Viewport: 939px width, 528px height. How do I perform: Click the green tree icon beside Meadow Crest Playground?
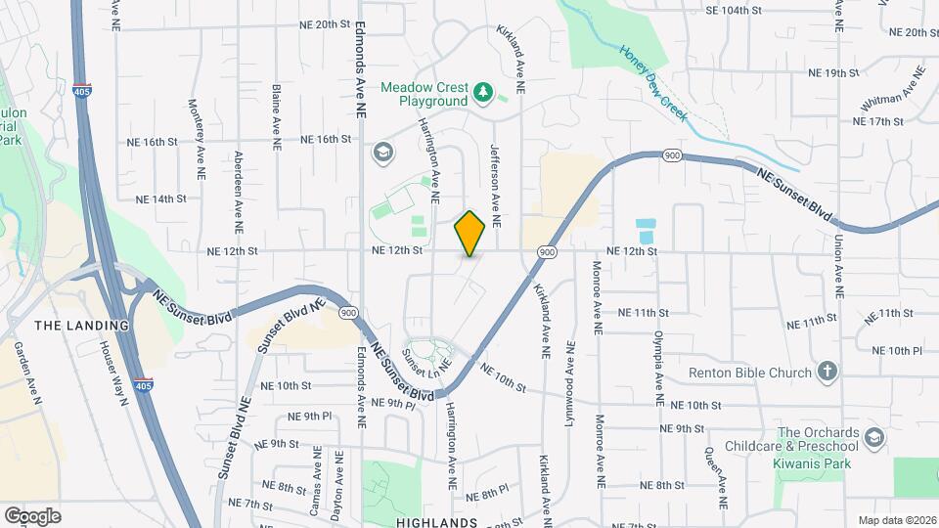[482, 93]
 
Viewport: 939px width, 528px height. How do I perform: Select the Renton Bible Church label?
[750, 373]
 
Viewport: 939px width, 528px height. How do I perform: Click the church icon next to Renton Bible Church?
[827, 372]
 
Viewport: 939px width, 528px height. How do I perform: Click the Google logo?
[32, 516]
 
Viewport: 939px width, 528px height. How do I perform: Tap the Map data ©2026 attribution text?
[896, 520]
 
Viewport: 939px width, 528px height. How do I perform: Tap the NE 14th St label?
[160, 198]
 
